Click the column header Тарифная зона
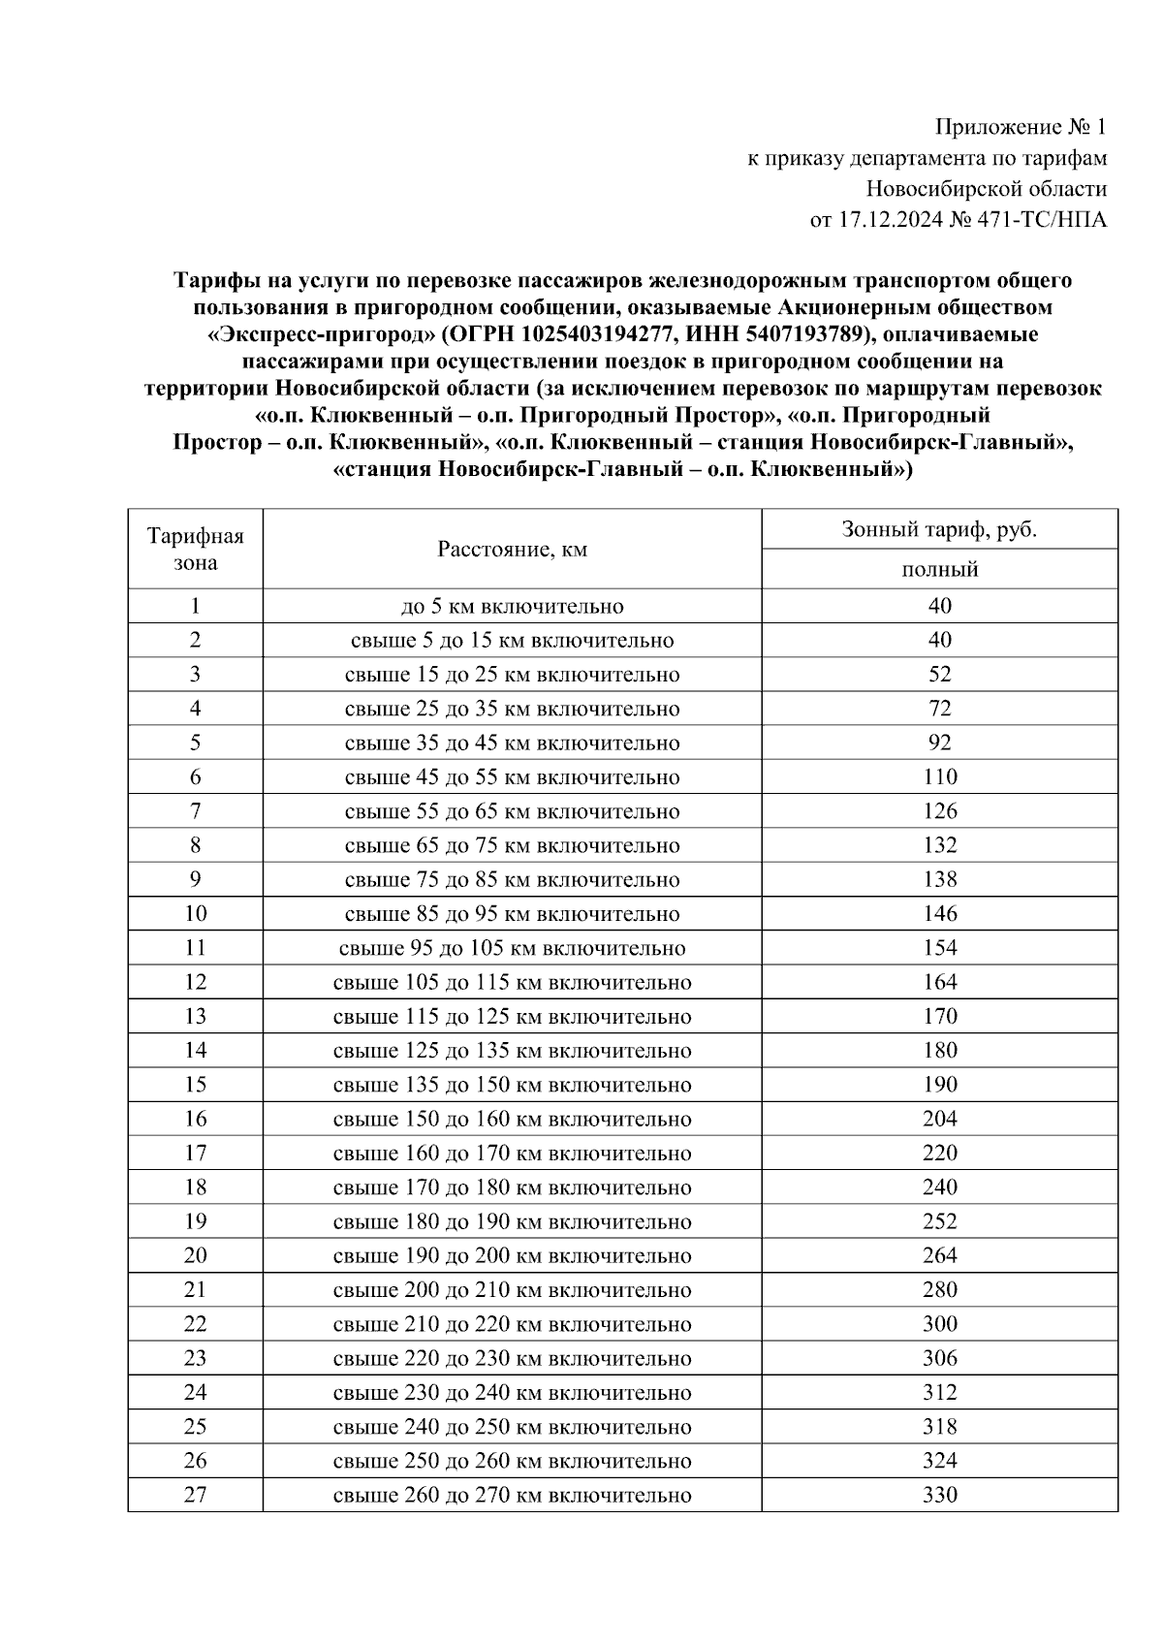(x=195, y=549)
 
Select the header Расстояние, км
(x=512, y=550)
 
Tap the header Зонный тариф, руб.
(x=939, y=529)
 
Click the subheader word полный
(x=939, y=570)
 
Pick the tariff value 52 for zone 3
(x=939, y=674)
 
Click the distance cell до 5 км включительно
(x=512, y=606)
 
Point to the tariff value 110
(x=939, y=776)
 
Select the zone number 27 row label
(x=195, y=1494)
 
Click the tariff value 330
(x=939, y=1494)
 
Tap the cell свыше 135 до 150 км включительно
(x=512, y=1085)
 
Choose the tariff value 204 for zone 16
(x=939, y=1119)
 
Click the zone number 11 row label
(x=195, y=947)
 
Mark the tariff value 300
(x=939, y=1323)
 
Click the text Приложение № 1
(x=1020, y=127)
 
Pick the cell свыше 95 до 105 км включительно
(x=512, y=948)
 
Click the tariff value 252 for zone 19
(x=939, y=1221)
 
